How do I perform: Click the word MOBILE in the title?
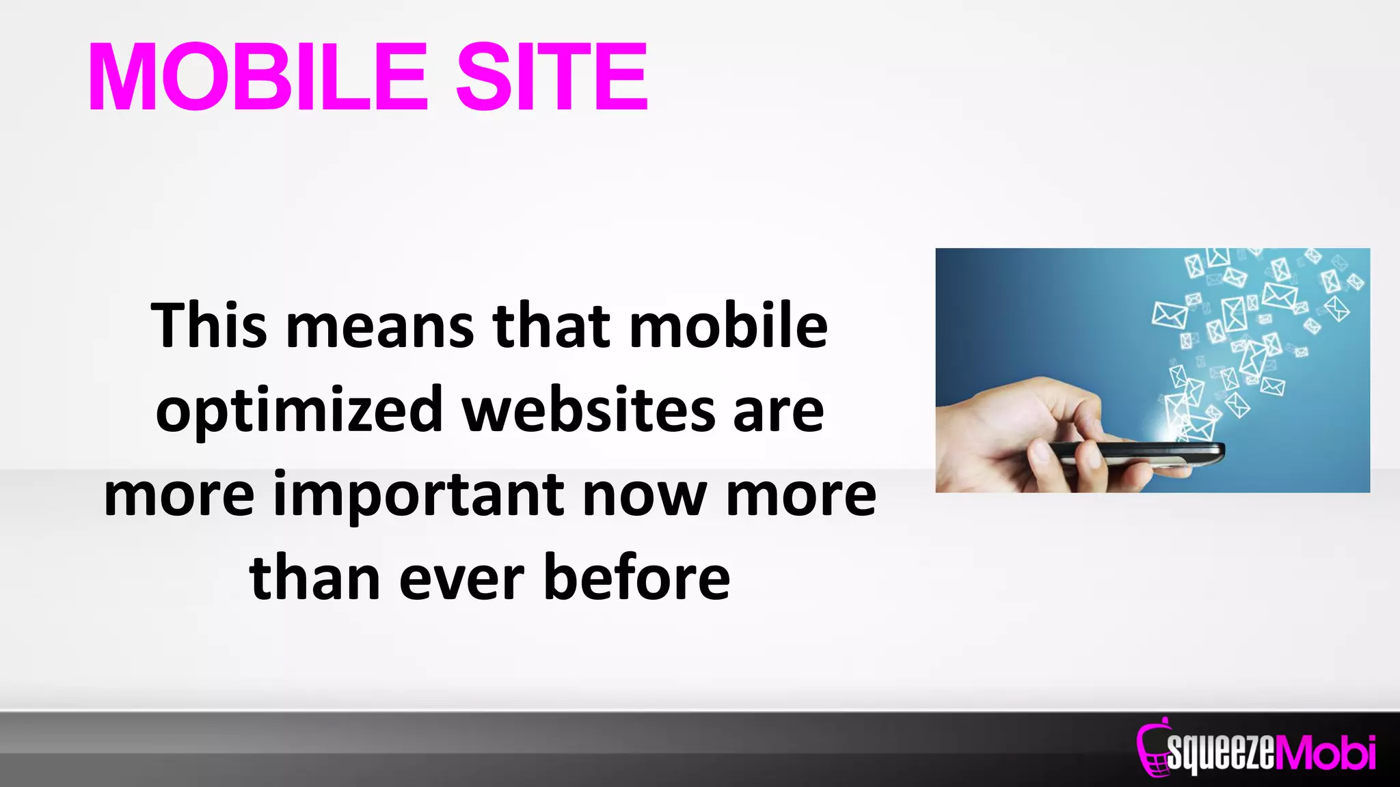point(258,77)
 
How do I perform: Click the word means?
point(380,327)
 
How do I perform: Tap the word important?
point(419,496)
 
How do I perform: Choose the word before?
point(636,578)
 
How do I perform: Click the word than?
point(314,578)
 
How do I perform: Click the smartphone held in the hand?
point(1135,454)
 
